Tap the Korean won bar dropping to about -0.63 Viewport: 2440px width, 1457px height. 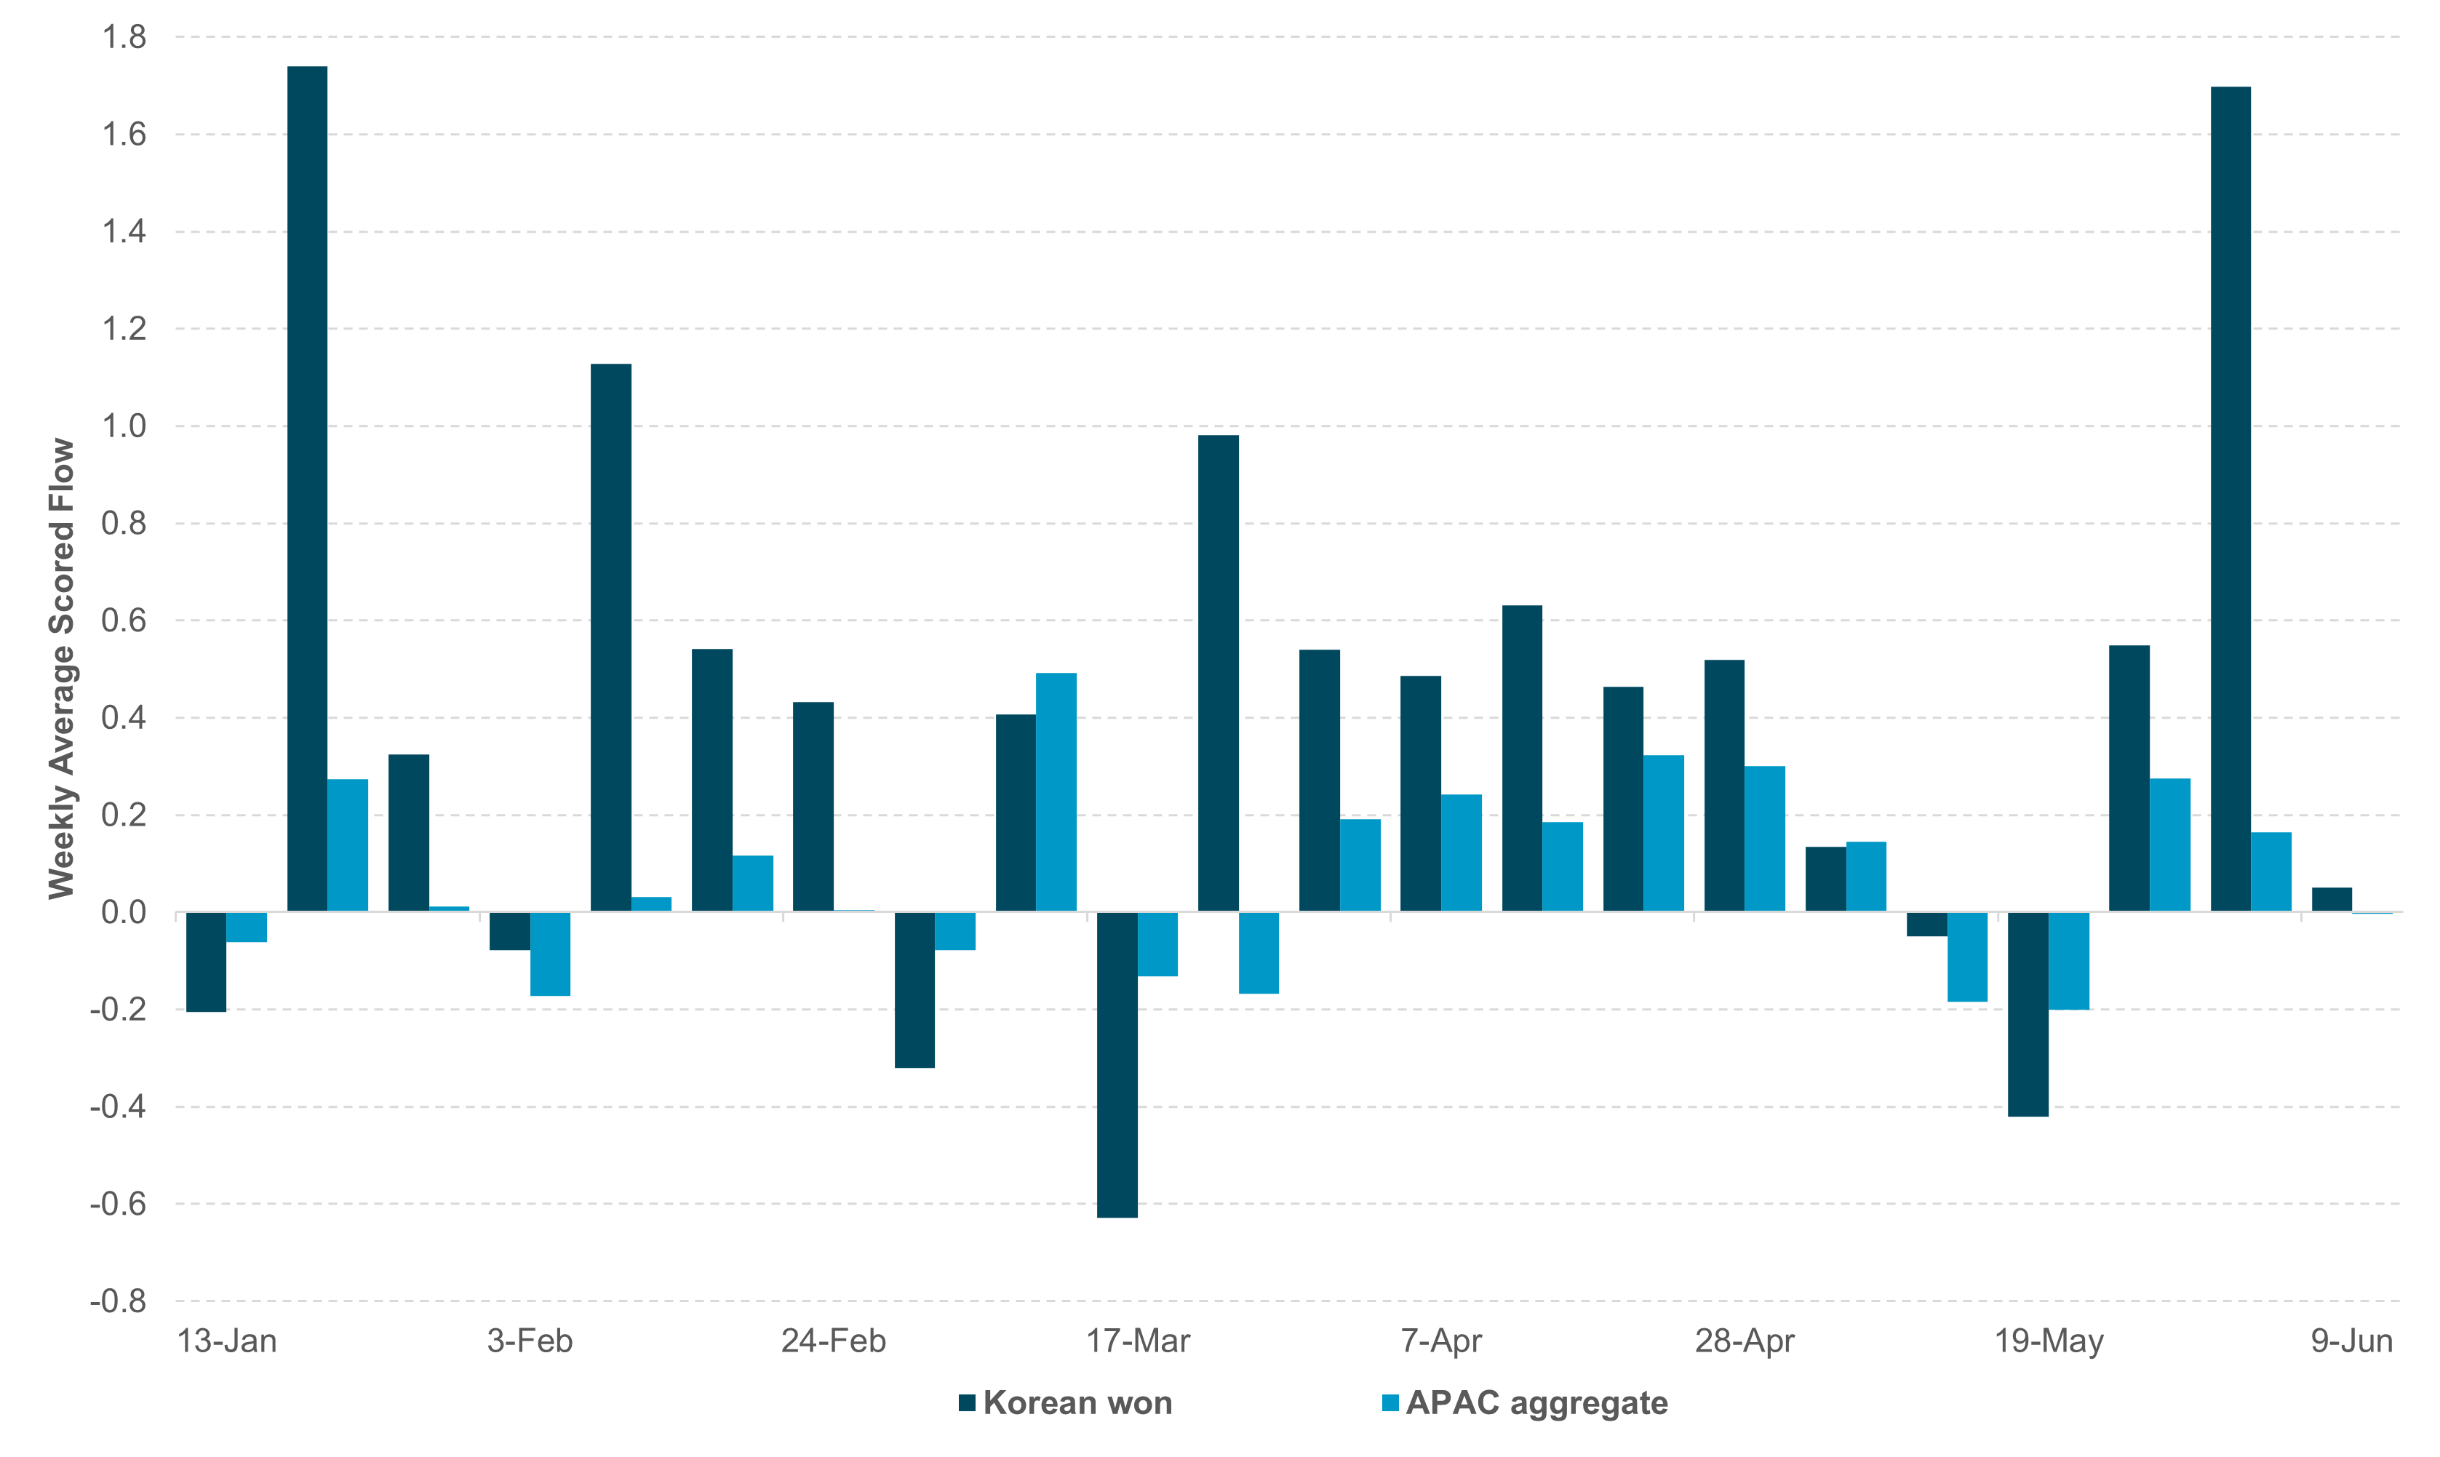click(1117, 1064)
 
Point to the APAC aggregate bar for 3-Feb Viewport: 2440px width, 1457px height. click(550, 954)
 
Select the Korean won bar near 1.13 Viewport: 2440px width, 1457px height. click(611, 637)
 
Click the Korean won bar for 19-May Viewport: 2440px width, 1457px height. click(2028, 1013)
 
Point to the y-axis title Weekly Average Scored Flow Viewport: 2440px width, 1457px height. click(61, 668)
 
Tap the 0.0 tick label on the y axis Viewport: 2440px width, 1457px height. click(124, 912)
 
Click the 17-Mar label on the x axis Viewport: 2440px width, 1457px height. click(1137, 1341)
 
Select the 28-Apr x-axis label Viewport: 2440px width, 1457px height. click(1744, 1341)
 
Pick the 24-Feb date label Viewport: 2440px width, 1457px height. click(833, 1341)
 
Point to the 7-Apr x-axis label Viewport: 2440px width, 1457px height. click(1440, 1341)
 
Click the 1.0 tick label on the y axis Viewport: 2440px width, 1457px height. click(124, 426)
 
